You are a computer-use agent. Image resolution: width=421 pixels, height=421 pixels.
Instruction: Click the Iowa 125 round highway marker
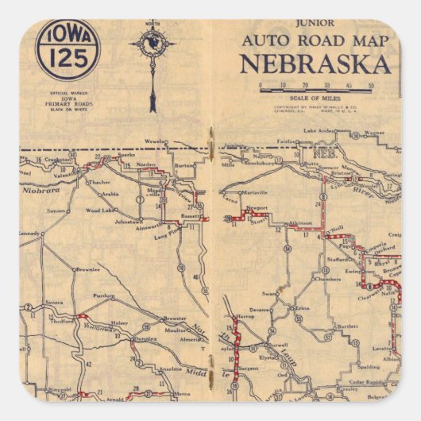[x=68, y=49]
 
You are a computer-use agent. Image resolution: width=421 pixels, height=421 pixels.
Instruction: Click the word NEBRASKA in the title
[x=315, y=64]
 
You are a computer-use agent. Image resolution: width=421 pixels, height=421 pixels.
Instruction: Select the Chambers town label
[x=327, y=280]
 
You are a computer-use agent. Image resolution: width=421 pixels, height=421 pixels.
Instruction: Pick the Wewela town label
[x=154, y=141]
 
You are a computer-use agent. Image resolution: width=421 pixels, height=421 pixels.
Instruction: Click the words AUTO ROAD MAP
[x=315, y=41]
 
